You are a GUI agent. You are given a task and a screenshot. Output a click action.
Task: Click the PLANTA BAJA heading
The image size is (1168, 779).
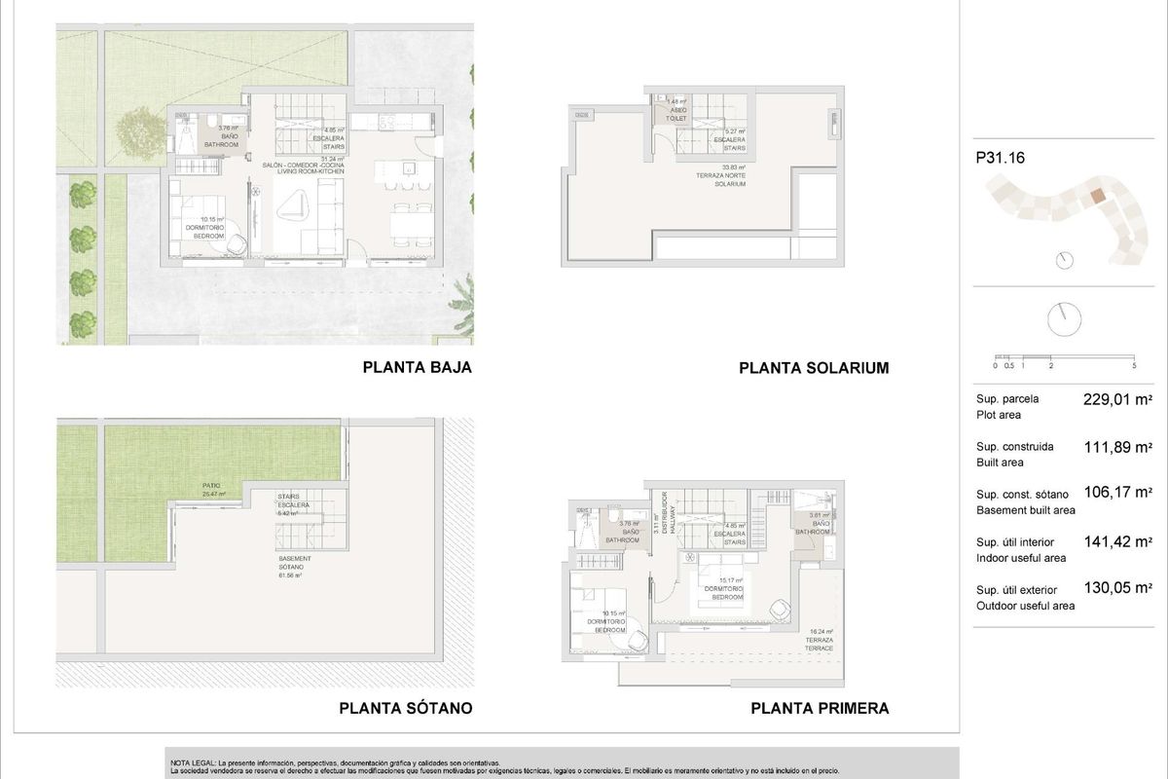click(417, 368)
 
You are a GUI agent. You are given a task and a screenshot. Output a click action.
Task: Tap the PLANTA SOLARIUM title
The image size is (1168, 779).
click(814, 368)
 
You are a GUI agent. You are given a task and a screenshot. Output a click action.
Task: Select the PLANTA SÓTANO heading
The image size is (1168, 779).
click(406, 709)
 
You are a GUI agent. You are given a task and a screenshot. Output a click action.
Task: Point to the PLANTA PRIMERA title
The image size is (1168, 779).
click(820, 709)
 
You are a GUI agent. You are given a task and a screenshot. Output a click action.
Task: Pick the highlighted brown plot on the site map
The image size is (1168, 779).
click(1097, 196)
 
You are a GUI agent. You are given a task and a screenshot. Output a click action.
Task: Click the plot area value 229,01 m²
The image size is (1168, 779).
click(1117, 399)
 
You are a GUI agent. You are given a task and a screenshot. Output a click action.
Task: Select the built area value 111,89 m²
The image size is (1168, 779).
click(1117, 447)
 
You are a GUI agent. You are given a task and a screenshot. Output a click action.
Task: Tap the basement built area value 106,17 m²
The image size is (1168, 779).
click(1117, 494)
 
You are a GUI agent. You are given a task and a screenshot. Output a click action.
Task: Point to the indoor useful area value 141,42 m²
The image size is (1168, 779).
click(1117, 541)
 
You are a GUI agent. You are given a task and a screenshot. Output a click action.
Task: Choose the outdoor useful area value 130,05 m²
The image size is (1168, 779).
click(1117, 588)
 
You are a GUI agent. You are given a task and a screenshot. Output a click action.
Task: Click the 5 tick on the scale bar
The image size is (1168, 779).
click(1135, 366)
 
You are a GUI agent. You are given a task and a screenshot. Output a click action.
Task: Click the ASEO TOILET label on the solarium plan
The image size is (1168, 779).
click(678, 114)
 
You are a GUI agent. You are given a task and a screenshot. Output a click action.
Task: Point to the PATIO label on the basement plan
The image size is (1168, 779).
click(212, 489)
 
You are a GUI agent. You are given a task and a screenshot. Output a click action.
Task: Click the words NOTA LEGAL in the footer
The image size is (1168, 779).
click(193, 762)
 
